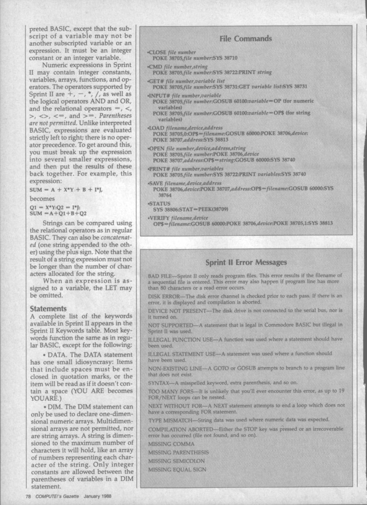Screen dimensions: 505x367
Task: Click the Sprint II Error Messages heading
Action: point(246,263)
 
